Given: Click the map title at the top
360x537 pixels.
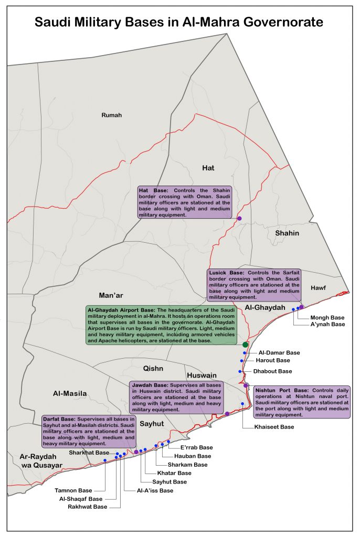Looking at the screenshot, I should point(179,22).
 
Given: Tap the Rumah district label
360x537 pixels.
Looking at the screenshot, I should point(111,115).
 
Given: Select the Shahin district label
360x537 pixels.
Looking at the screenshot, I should point(287,233).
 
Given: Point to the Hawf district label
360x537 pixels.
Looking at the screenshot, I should point(318,288).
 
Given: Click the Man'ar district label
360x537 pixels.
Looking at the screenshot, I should point(111,295).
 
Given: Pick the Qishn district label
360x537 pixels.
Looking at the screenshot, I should point(154,368).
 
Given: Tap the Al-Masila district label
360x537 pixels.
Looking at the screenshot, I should point(70,393).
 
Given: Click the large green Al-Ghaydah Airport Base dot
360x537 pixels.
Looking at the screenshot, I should point(246,345).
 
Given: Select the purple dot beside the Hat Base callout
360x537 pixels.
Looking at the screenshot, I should point(239,218).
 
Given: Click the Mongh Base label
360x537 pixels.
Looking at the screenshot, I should point(327,317).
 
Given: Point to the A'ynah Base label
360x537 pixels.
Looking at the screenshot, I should point(327,325).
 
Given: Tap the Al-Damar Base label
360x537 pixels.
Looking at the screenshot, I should point(279,353).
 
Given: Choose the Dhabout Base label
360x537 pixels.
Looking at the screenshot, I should point(273,371).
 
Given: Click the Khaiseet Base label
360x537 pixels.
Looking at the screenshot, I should point(274,427).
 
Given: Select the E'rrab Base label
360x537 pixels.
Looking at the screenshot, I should point(196,447).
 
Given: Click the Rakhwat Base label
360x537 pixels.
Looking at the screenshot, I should point(87,507).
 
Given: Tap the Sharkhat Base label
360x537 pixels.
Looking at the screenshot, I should point(89,452).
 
